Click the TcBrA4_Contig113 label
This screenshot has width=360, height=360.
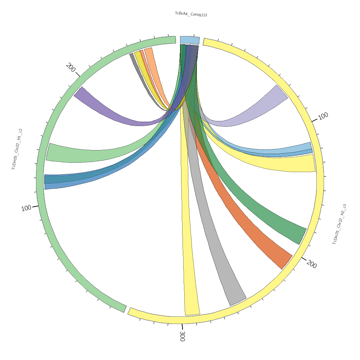(191, 14)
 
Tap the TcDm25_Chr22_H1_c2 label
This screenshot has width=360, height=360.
(17, 149)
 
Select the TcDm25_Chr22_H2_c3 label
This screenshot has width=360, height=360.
(339, 224)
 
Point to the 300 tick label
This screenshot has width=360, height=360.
(182, 336)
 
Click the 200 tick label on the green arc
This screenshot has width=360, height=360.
(71, 67)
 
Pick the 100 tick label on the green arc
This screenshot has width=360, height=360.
(26, 208)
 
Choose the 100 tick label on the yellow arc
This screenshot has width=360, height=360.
(323, 116)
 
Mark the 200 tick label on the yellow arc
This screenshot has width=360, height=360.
(312, 264)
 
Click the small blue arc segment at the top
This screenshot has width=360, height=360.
(189, 40)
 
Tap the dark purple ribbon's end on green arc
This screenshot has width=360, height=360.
(78, 91)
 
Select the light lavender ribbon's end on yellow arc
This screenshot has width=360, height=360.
(282, 92)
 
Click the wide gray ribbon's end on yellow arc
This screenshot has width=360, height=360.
(238, 301)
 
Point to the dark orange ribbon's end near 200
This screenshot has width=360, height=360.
(287, 262)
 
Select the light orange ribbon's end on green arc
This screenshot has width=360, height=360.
(148, 49)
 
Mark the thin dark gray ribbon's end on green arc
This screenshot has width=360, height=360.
(131, 55)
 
